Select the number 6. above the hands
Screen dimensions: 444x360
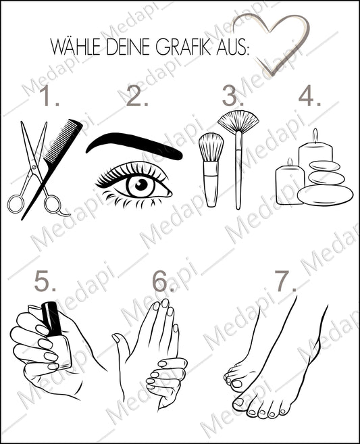tap(163, 280)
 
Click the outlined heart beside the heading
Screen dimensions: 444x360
tap(271, 41)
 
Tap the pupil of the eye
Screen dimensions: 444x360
tap(141, 185)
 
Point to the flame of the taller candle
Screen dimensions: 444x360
tap(315, 134)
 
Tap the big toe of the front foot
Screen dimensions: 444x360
tap(238, 403)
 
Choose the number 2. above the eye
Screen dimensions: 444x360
tap(137, 99)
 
